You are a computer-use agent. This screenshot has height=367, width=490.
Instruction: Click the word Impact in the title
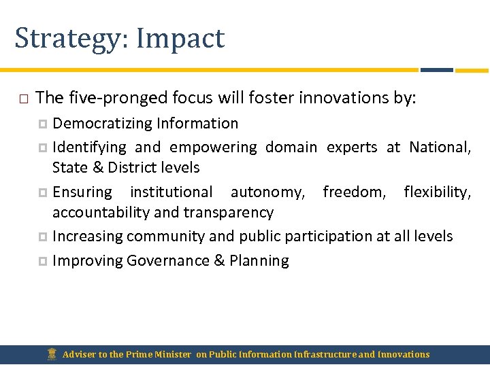point(180,38)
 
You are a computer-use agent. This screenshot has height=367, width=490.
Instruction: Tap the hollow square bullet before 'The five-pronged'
point(23,99)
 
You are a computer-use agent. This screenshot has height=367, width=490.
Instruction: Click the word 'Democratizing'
point(102,124)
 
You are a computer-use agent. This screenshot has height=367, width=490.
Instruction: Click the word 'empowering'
point(213,147)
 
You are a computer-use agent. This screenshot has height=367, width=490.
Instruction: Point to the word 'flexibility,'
point(437,192)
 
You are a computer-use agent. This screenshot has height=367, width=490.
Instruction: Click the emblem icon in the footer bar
point(52,354)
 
